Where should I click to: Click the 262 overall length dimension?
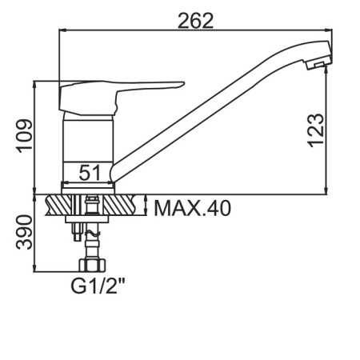coord(195,21)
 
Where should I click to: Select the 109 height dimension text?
coord(25,136)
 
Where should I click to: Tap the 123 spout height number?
coord(316,130)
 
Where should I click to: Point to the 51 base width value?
coord(90,172)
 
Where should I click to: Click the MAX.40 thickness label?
coord(192,208)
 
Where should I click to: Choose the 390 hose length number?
coord(24,232)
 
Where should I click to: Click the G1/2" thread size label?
coord(98,286)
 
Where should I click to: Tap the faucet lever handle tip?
coord(183,83)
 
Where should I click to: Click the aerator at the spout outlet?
coord(318,63)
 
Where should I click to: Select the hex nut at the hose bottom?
coord(92,265)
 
